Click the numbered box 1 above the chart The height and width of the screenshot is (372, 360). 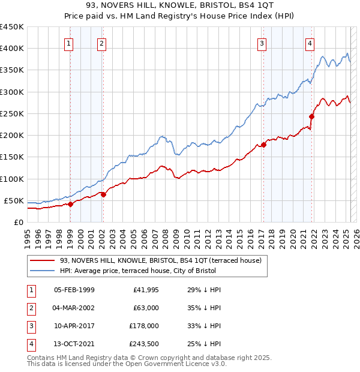69,43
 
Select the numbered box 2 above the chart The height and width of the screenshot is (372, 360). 101,43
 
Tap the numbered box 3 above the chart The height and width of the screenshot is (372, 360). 262,43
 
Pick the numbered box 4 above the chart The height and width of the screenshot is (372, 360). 310,43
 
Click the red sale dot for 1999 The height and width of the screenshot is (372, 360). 71,204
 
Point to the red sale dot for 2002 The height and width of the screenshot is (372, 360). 103,194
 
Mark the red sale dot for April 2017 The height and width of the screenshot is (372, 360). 263,145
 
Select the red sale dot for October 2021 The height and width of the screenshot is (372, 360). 311,116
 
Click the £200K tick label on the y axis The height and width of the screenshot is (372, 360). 12,136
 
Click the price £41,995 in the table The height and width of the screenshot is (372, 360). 144,290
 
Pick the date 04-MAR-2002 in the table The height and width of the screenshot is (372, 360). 74,308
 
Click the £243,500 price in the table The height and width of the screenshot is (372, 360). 144,344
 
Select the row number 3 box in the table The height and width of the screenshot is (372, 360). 29,326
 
